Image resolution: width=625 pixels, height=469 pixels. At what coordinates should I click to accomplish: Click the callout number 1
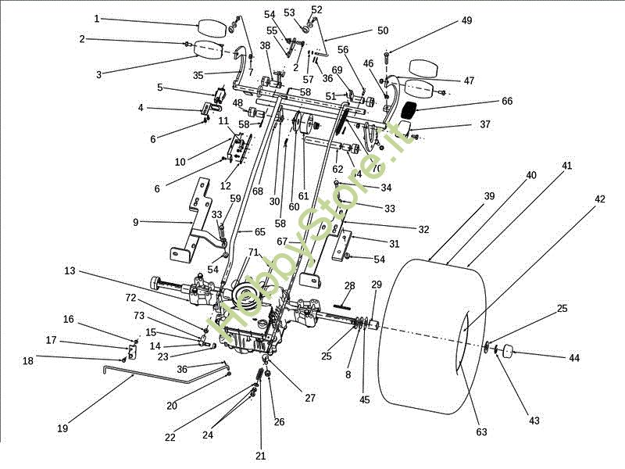(x=97, y=18)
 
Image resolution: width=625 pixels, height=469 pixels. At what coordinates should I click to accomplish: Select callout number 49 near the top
(x=466, y=21)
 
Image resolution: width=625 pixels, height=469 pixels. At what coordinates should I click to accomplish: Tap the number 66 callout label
(x=507, y=102)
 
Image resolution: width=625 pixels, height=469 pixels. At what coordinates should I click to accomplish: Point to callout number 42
(x=599, y=199)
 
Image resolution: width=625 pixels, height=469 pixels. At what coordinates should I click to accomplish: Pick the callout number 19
(x=62, y=428)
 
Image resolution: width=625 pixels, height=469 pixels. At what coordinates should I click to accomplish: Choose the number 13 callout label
(x=70, y=270)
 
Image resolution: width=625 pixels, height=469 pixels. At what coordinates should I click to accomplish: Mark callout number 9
(x=135, y=222)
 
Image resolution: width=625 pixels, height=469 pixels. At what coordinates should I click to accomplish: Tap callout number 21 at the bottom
(x=261, y=455)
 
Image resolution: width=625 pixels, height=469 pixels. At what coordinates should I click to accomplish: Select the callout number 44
(x=574, y=357)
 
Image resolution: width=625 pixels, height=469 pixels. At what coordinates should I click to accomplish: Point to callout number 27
(x=310, y=398)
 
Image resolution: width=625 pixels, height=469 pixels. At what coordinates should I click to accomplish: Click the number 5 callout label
(x=159, y=88)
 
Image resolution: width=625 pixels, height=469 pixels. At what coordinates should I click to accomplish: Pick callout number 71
(x=252, y=252)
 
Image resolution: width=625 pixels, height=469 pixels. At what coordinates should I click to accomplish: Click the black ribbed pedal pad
(x=412, y=108)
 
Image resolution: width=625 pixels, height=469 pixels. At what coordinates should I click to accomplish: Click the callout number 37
(x=485, y=124)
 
